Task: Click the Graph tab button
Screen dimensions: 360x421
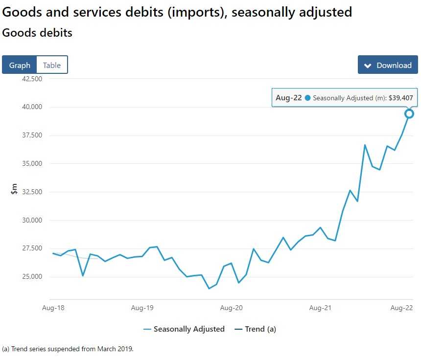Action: click(x=20, y=65)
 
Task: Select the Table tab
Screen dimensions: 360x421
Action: click(x=52, y=65)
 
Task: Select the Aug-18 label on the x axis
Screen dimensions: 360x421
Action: click(x=53, y=308)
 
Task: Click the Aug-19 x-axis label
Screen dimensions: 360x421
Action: click(x=142, y=308)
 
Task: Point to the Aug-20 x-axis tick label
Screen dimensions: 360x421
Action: click(x=232, y=308)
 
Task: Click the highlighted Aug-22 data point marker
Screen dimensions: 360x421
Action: click(x=409, y=113)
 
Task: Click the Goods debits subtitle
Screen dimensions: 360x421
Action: click(x=37, y=33)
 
